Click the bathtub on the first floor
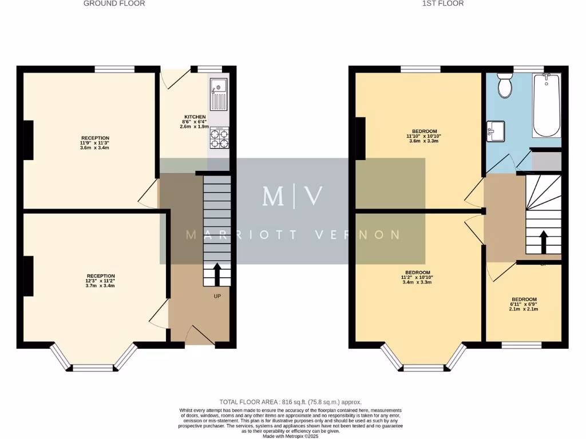click(547, 106)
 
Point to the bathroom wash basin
click(496, 131)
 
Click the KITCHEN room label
click(195, 117)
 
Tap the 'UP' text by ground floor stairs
click(217, 296)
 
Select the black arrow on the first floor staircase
click(543, 241)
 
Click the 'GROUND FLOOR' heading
click(114, 3)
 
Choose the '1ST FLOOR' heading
click(443, 3)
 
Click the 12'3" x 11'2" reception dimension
click(101, 281)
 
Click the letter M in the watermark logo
click(272, 196)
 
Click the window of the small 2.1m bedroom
click(521, 345)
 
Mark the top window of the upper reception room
click(114, 69)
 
